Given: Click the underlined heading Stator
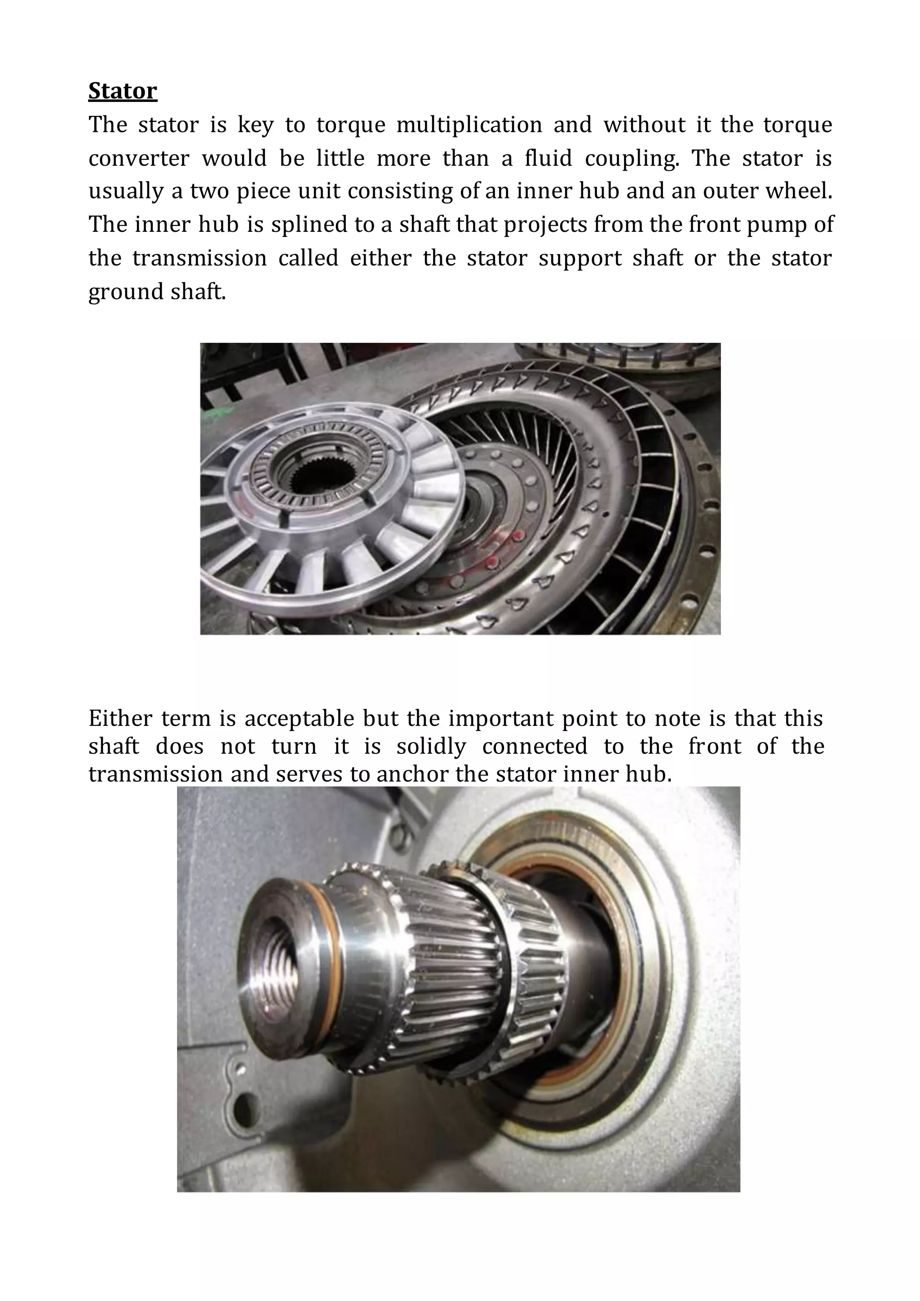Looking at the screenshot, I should click(122, 91).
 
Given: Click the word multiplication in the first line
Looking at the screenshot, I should click(469, 124).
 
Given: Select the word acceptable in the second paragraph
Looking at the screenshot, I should click(299, 718).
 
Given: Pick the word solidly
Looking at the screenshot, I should click(430, 746).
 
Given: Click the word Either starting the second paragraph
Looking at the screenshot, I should click(121, 718).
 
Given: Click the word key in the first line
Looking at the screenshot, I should click(255, 124).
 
